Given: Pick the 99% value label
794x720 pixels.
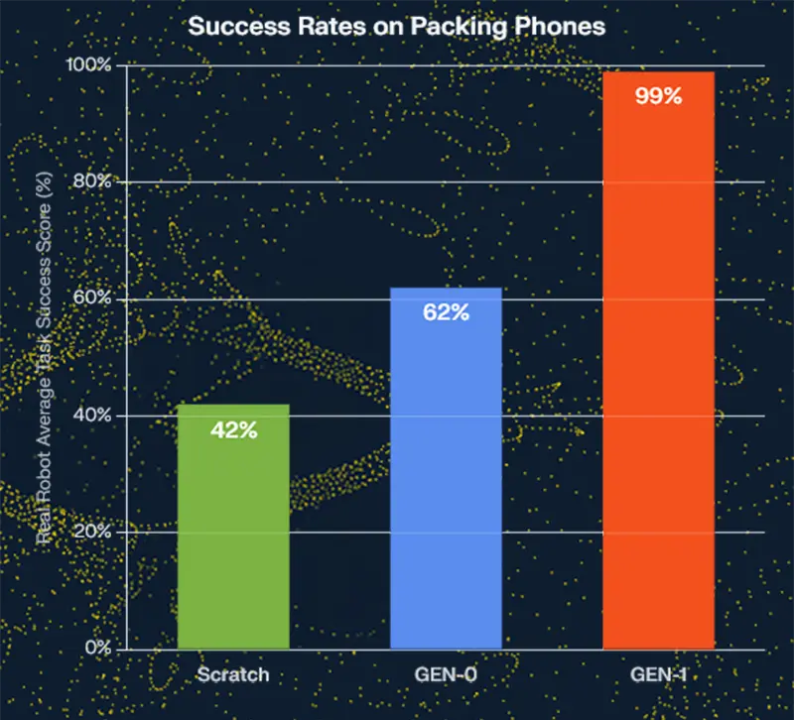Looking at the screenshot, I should pyautogui.click(x=658, y=96).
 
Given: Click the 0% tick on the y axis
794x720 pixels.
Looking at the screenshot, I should pyautogui.click(x=95, y=649).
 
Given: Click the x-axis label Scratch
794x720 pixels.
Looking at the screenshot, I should pyautogui.click(x=233, y=675).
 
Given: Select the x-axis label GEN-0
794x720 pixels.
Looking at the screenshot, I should pyautogui.click(x=446, y=675).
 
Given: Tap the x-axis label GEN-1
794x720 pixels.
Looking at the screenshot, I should pyautogui.click(x=658, y=675).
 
